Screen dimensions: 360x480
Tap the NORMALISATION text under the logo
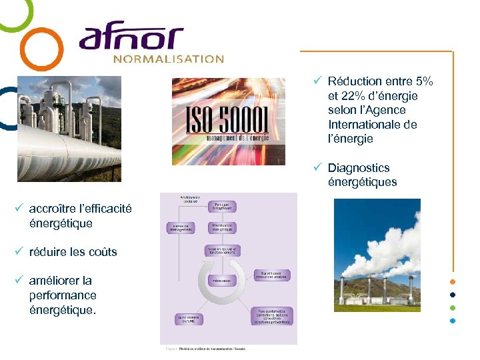tap(168, 59)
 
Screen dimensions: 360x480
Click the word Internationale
tap(373, 125)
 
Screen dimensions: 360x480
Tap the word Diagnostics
tap(359, 168)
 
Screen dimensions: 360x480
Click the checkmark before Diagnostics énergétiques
tap(319, 168)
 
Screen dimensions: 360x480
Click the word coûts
tap(103, 252)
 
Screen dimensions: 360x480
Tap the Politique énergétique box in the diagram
tap(223, 207)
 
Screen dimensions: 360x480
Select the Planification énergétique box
tap(223, 228)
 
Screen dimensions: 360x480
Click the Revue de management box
tap(180, 228)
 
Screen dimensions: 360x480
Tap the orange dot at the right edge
tap(453, 281)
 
